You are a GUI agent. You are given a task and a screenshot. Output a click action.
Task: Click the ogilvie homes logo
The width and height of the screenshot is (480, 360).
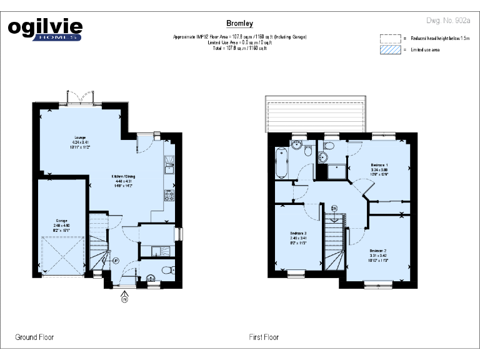click(44, 29)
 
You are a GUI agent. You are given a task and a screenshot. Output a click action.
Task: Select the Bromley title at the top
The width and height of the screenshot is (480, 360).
click(239, 24)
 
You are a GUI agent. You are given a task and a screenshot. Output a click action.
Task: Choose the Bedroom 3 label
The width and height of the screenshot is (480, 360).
click(299, 238)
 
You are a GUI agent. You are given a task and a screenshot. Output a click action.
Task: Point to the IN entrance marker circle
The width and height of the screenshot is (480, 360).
click(124, 299)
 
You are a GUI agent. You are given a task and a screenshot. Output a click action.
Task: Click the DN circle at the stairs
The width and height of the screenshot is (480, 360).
click(334, 207)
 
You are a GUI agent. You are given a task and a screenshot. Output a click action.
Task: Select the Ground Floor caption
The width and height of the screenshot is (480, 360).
click(34, 337)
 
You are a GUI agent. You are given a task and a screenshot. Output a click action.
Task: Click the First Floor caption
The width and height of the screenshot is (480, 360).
click(264, 337)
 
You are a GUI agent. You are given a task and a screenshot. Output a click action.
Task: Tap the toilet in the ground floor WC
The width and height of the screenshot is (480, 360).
click(165, 270)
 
